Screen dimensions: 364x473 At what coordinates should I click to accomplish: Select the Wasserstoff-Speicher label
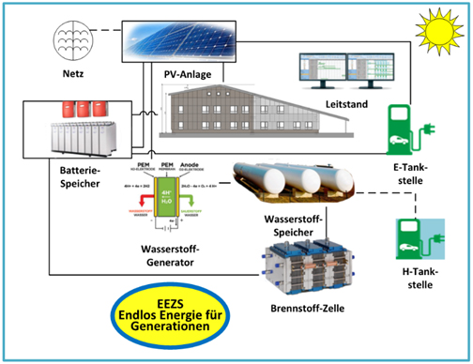coord(293,224)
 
